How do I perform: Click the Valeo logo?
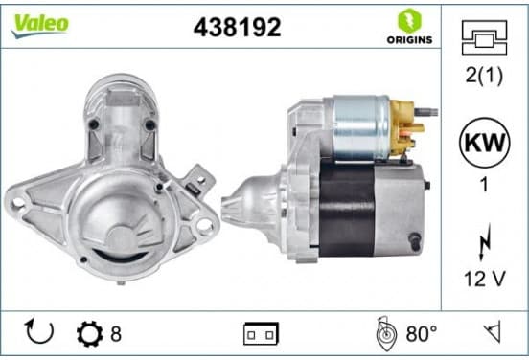point(40,26)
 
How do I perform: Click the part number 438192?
point(237,27)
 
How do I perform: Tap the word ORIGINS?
point(409,40)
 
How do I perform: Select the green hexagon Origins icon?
point(409,20)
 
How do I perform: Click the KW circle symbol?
point(485,143)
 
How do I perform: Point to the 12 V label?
point(485,279)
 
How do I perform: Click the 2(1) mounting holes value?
point(484,75)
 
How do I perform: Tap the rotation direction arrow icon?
point(39,331)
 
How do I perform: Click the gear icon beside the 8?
point(90,334)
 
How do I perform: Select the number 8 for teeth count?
point(116,334)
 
